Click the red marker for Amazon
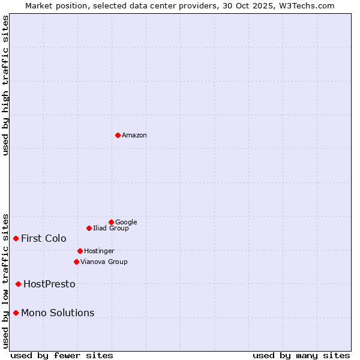pos(118,135)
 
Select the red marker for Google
pos(111,222)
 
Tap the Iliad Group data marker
pos(89,228)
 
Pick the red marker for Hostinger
pos(80,251)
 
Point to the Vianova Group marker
pos(76,262)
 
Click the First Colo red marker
pos(16,238)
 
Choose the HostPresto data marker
pos(19,284)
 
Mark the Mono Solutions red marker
pos(16,313)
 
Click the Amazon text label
pos(134,136)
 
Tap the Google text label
pos(126,223)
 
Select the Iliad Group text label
pos(111,229)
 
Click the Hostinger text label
pos(99,251)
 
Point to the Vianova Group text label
pos(104,262)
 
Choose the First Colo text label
pos(44,239)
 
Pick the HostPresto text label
pos(49,284)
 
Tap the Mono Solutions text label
pos(58,313)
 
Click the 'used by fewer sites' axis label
pos(62,355)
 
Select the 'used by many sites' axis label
pos(301,355)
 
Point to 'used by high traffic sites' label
pos(6,85)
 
